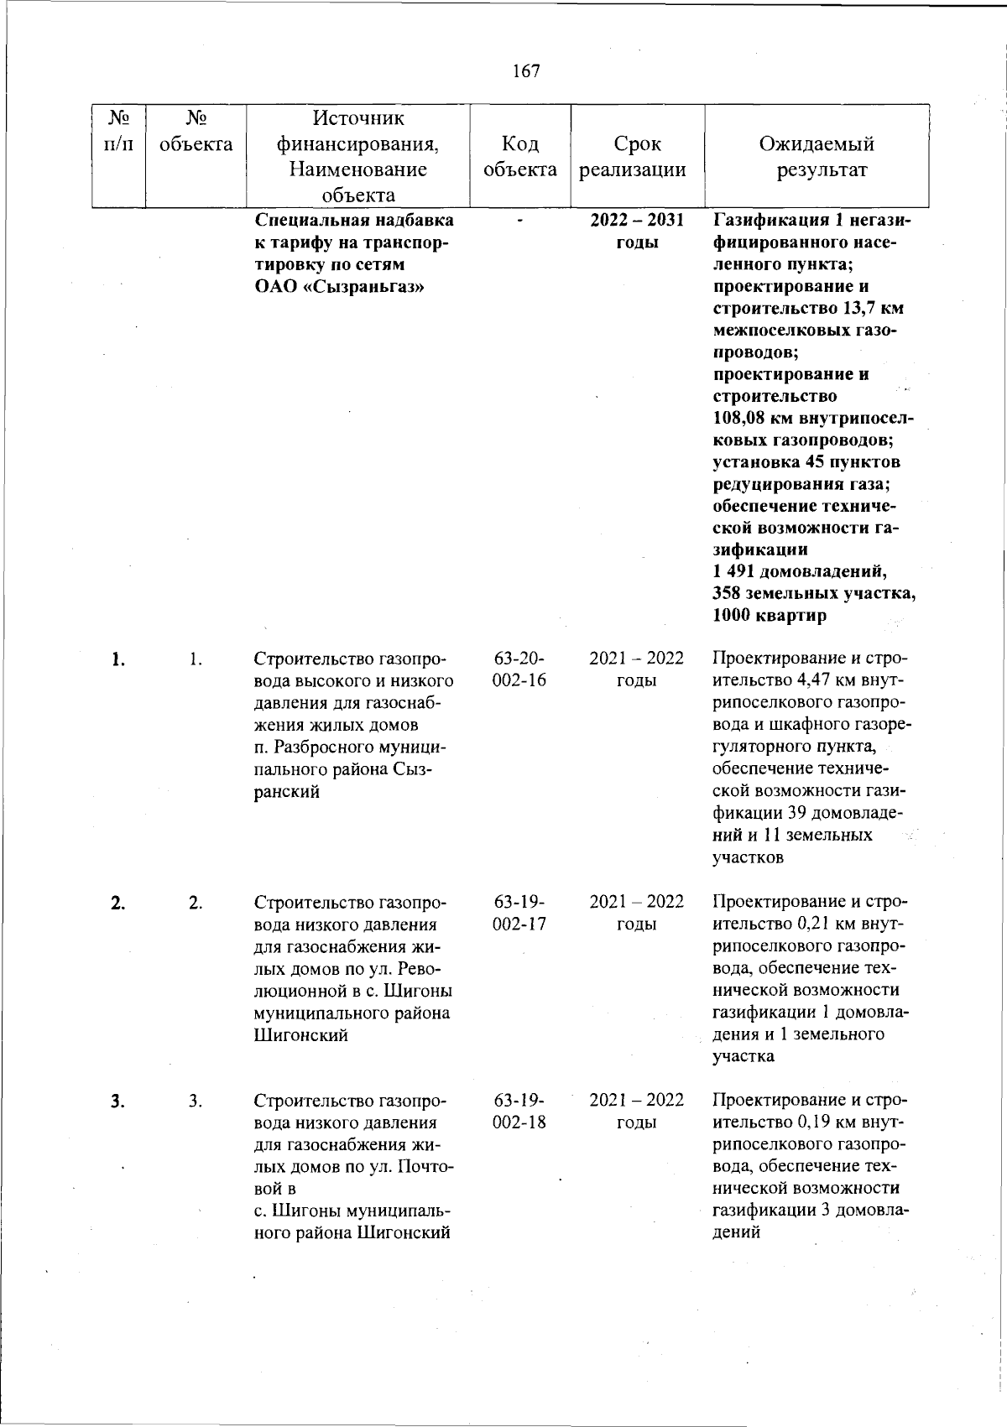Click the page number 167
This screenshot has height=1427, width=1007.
(x=526, y=71)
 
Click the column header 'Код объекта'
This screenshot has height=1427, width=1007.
(x=520, y=157)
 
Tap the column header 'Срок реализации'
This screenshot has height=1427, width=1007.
(x=636, y=157)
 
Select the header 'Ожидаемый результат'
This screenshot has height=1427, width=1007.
(x=816, y=157)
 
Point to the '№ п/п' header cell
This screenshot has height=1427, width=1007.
(x=118, y=132)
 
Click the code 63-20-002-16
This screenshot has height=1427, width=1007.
(x=519, y=669)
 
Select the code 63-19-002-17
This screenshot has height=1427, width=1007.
(x=519, y=913)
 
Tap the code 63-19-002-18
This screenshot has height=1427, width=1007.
(x=519, y=1111)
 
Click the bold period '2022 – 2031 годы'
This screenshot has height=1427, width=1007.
(x=636, y=232)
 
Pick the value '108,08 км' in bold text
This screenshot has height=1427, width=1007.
(x=749, y=419)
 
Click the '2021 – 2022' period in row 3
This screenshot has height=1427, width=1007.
(x=636, y=1100)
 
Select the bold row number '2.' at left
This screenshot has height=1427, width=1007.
(x=117, y=903)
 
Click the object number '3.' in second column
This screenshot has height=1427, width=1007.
(x=195, y=1101)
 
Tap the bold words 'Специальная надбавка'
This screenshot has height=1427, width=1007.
(x=353, y=221)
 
